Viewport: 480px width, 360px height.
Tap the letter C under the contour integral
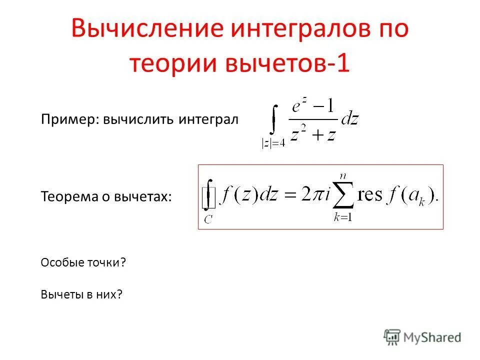tap(208, 218)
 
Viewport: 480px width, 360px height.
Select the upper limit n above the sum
tap(343, 175)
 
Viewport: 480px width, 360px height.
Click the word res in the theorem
tap(370, 195)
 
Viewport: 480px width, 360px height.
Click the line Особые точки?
tap(82, 262)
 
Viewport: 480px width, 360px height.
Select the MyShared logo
tap(422, 337)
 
